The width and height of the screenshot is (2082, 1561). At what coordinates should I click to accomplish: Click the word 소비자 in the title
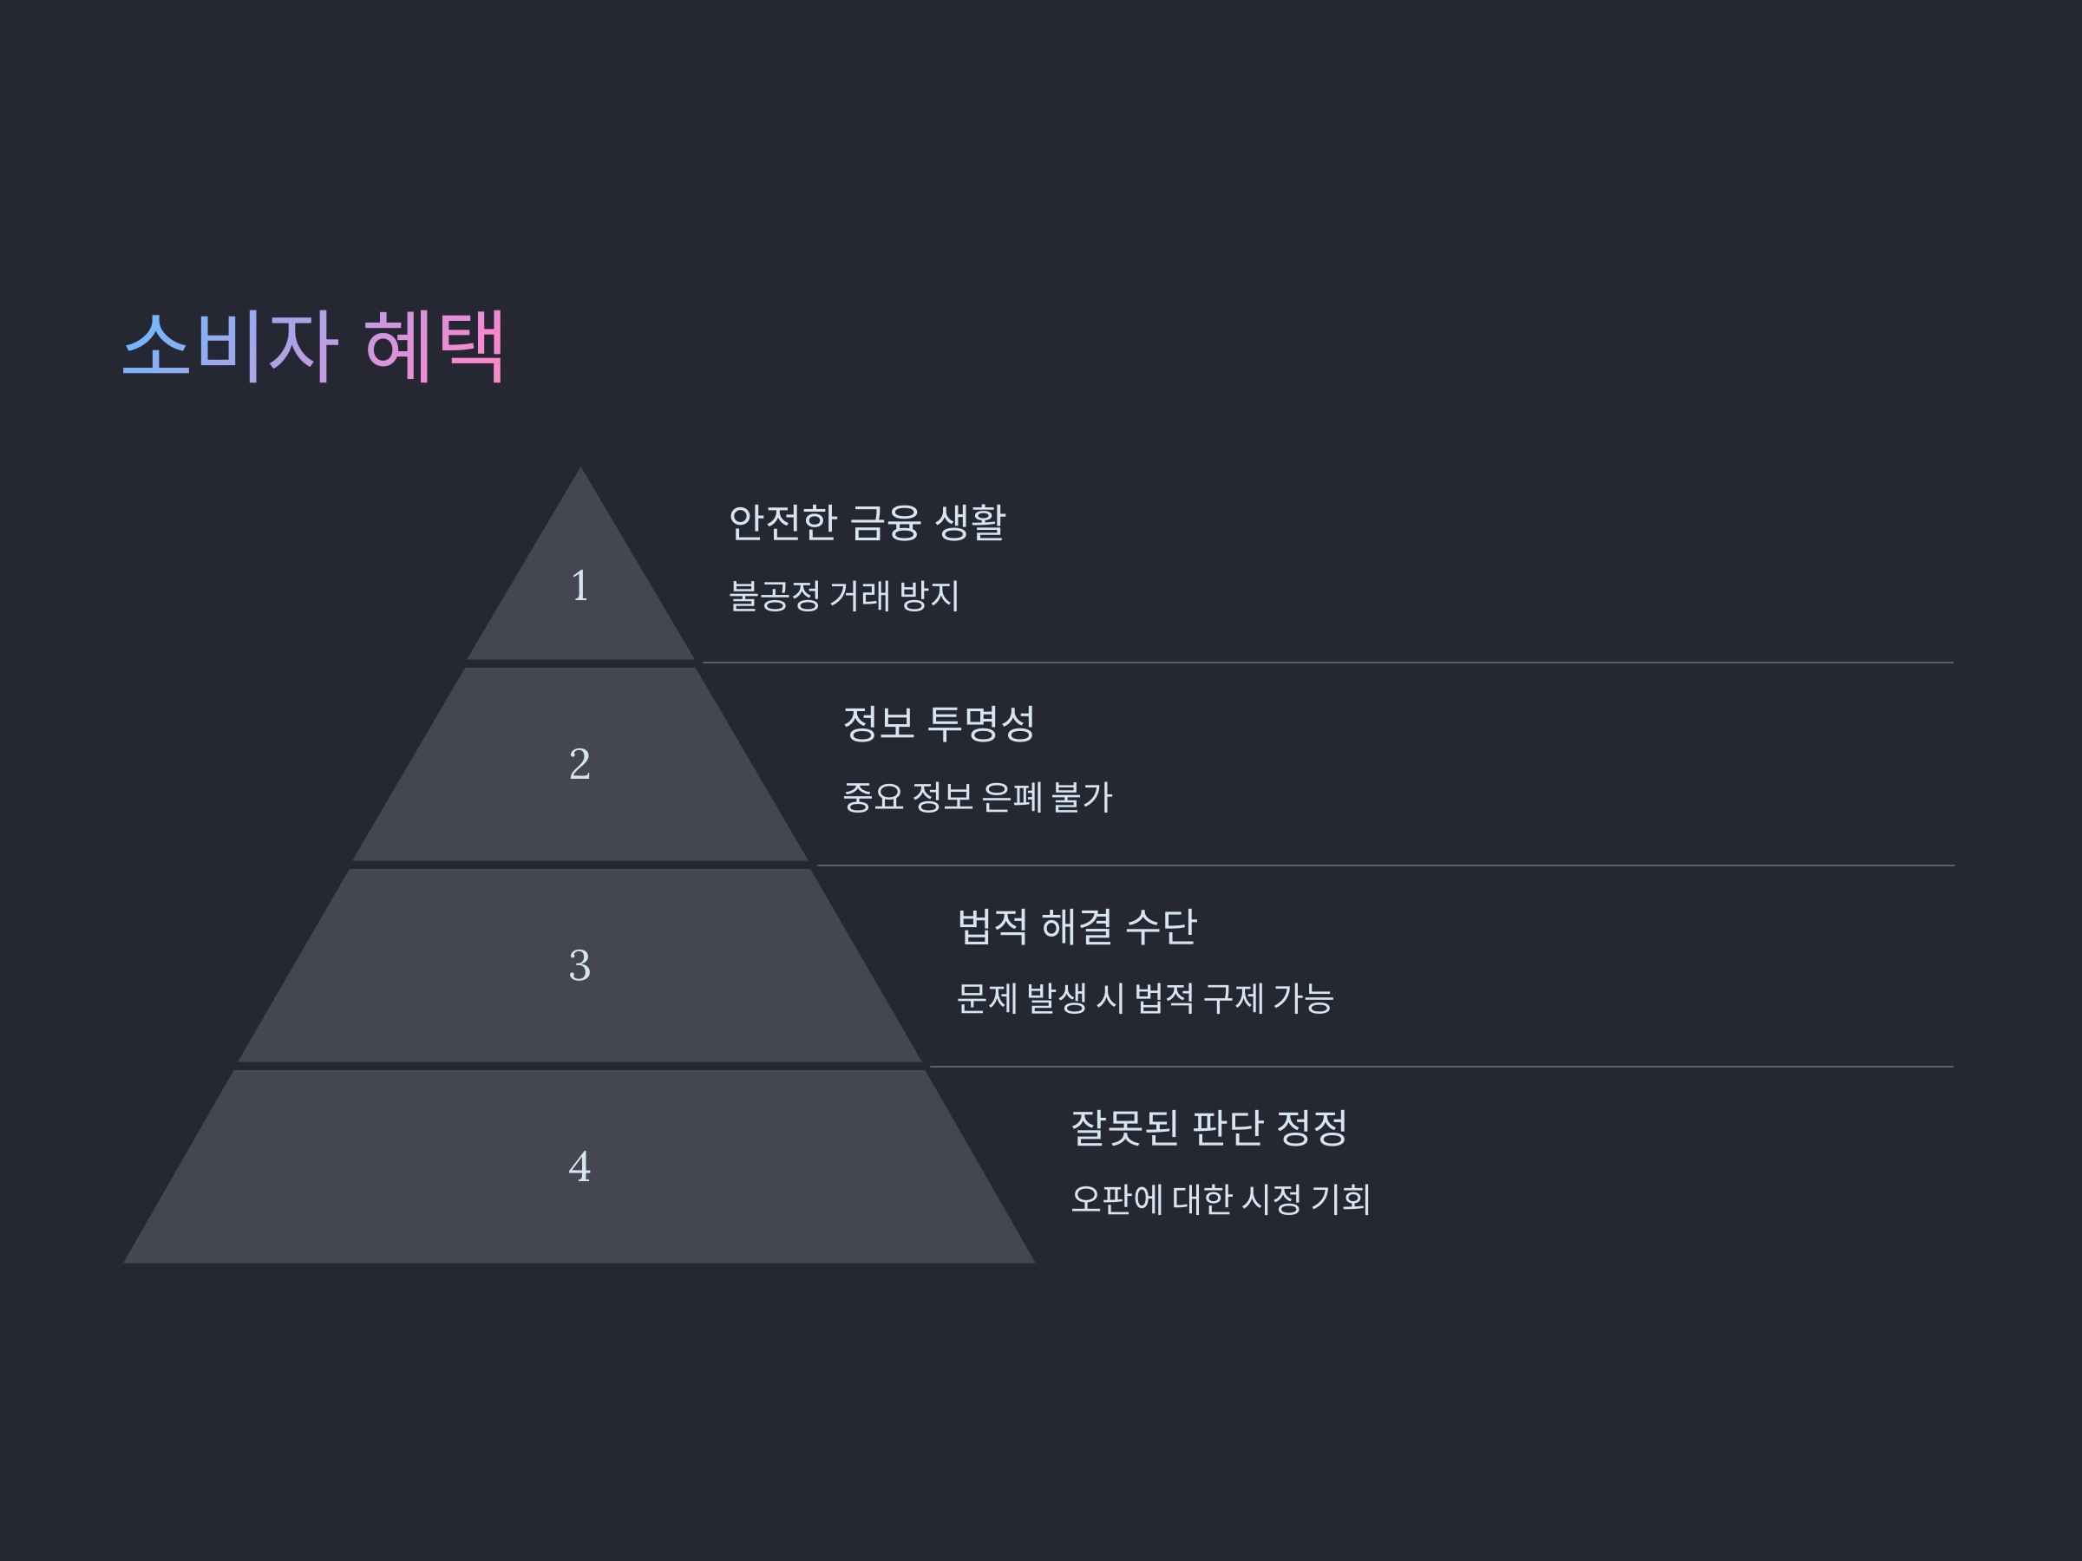click(230, 345)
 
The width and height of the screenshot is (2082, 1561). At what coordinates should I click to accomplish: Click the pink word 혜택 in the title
click(435, 345)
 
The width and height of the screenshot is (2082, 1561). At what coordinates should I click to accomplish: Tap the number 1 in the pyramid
click(579, 586)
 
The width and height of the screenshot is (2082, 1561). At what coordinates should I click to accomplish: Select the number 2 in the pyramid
click(579, 764)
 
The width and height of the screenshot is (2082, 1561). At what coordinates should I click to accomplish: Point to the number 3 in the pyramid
click(579, 965)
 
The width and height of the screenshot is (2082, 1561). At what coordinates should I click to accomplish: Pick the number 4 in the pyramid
click(579, 1166)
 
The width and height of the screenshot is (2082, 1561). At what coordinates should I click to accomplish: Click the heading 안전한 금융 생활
click(867, 522)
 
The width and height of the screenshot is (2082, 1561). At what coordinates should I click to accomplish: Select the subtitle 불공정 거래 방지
click(843, 596)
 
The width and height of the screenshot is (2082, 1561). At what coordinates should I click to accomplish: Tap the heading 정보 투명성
click(939, 723)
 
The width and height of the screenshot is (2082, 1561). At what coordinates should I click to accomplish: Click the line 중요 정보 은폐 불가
click(977, 797)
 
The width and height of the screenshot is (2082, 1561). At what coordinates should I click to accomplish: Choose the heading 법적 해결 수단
click(1077, 926)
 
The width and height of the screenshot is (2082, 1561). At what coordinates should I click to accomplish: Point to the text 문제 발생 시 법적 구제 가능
click(1144, 998)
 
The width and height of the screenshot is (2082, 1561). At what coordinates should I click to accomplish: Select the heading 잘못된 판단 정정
click(1208, 1127)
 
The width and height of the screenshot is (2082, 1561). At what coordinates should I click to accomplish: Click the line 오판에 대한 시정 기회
click(1221, 1199)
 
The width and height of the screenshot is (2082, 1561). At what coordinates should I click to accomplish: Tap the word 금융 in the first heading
click(885, 522)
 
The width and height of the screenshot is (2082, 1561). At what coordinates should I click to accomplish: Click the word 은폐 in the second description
click(1012, 797)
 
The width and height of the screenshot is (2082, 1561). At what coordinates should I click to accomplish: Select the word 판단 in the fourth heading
click(1228, 1127)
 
